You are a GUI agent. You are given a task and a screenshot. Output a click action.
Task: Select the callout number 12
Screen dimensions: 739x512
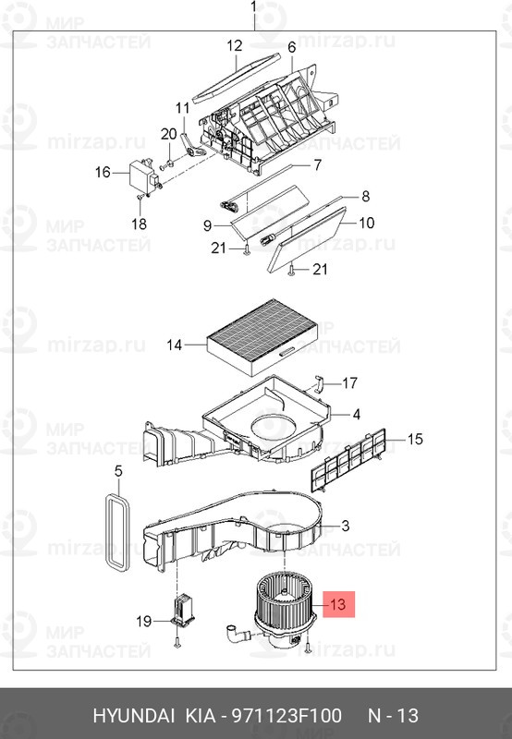pyautogui.click(x=234, y=45)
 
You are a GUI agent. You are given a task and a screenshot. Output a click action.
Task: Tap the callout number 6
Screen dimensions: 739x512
pyautogui.click(x=291, y=47)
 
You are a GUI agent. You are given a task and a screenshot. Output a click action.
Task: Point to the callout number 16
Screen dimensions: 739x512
pyautogui.click(x=102, y=172)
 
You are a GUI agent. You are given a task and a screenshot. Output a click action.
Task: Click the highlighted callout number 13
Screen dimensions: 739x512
pyautogui.click(x=337, y=606)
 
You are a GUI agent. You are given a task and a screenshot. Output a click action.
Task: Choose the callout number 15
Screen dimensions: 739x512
pyautogui.click(x=415, y=439)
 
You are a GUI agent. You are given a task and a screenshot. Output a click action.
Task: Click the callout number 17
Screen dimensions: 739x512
pyautogui.click(x=349, y=382)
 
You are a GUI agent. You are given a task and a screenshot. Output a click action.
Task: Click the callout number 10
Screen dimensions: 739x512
pyautogui.click(x=367, y=223)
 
